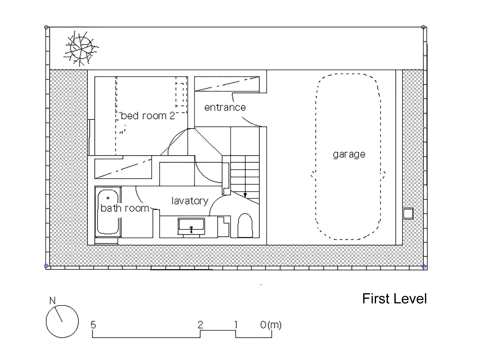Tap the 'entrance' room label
(x=225, y=107)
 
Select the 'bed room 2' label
(x=148, y=116)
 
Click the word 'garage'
(x=349, y=154)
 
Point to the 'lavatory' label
(x=190, y=201)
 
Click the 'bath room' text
(x=125, y=208)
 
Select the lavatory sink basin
(x=191, y=226)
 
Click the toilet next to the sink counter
(x=245, y=226)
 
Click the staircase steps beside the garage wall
(x=245, y=174)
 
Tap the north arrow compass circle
(x=62, y=321)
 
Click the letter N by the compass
(x=52, y=301)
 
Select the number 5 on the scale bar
(x=93, y=325)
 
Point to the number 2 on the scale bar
(x=200, y=325)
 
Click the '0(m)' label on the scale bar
(x=271, y=325)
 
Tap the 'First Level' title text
(x=394, y=299)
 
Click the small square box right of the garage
(x=408, y=213)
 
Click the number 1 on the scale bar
(x=235, y=325)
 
